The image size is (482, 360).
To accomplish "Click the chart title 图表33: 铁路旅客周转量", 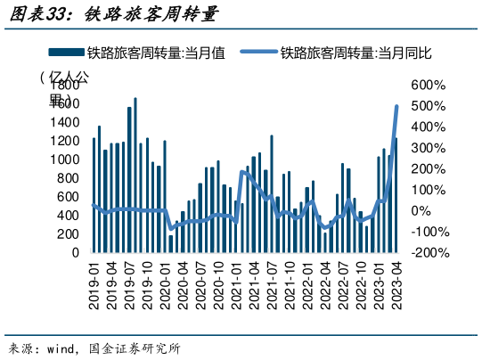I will pos(110,15).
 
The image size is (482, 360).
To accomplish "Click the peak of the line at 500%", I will pos(396,107).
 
